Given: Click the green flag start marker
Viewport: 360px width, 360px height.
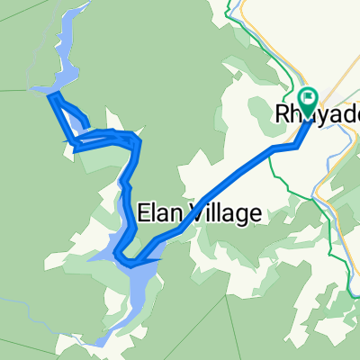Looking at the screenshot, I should coord(308,98).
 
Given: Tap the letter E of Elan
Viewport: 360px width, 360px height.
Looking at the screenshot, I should coord(144,213).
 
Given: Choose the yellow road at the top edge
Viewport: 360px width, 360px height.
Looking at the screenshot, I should coord(240,7).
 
